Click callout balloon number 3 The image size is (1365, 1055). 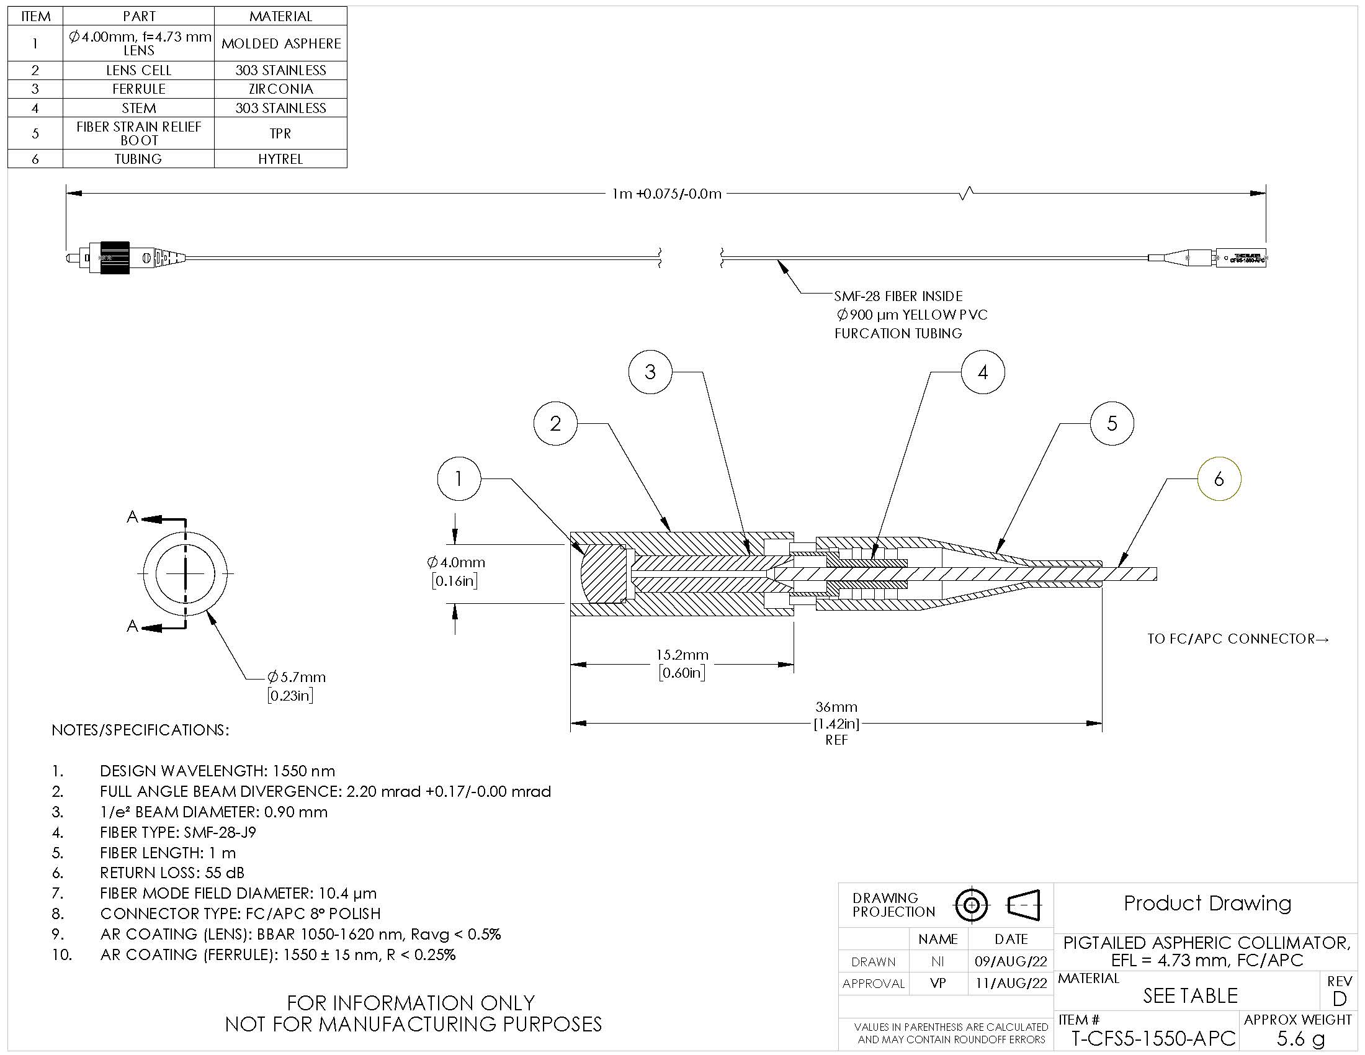coord(650,372)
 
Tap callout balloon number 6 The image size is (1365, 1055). coord(1218,479)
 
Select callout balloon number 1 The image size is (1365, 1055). coord(459,479)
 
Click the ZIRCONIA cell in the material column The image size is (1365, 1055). coord(280,89)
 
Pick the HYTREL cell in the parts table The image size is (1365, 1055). coord(280,159)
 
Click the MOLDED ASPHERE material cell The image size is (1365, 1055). coord(280,43)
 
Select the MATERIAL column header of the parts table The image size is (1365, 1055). coord(280,16)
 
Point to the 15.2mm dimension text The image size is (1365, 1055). coord(682,655)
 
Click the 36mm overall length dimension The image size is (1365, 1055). coord(836,707)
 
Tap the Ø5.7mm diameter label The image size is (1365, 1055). coord(296,677)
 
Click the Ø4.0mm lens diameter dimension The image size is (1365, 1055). coord(455,562)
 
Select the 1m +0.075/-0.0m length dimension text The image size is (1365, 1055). coord(666,194)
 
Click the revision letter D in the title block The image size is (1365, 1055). coord(1339,999)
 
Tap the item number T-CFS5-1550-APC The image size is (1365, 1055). coord(1153,1038)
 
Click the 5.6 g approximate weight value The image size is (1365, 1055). coord(1300,1038)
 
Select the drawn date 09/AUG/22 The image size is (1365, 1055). coord(1011,961)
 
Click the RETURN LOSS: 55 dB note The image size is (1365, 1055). coord(172,873)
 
